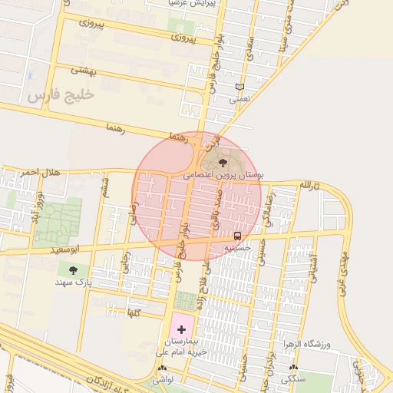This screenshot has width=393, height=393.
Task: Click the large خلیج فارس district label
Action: click(59, 94)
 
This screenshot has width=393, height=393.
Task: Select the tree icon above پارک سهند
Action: click(74, 269)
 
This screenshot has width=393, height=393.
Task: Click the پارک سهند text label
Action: click(74, 282)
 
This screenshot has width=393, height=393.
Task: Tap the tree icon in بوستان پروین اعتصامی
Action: click(223, 162)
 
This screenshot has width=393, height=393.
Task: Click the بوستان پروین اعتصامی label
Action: click(223, 176)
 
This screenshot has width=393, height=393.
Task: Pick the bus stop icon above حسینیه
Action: click(237, 236)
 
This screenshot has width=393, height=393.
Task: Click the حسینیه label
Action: click(236, 249)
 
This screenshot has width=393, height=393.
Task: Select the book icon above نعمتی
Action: click(239, 87)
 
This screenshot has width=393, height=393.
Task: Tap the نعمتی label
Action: click(239, 100)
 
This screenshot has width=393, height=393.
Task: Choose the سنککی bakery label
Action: click(293, 378)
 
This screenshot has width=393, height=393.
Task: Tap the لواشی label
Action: click(162, 379)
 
